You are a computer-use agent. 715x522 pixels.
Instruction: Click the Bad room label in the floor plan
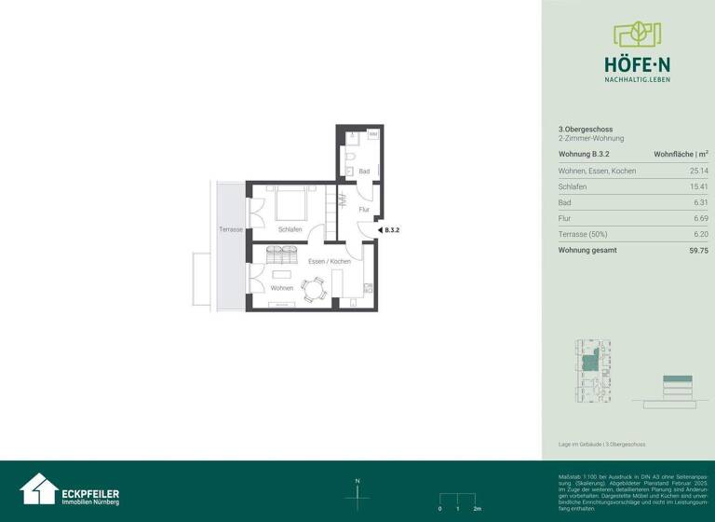364,172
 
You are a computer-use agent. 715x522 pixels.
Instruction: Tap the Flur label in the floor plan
364,210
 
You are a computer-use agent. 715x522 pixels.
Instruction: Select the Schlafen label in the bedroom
290,229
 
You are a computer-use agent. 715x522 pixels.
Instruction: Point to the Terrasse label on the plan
231,229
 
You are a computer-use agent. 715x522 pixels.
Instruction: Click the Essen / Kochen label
330,262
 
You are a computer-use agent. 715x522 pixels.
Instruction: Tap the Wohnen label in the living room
282,288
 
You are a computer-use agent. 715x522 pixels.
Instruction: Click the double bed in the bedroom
290,203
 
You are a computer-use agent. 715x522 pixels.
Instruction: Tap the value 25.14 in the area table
698,172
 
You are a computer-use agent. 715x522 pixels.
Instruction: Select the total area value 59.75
698,250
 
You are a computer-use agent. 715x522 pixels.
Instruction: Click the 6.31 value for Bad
700,202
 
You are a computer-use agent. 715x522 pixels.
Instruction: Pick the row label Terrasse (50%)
583,234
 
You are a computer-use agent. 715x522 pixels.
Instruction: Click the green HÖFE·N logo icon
637,35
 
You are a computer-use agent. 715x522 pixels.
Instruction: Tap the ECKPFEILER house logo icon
38,489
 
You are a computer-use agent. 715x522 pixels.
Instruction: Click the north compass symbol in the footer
357,495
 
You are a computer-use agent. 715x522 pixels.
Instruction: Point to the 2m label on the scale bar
477,509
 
